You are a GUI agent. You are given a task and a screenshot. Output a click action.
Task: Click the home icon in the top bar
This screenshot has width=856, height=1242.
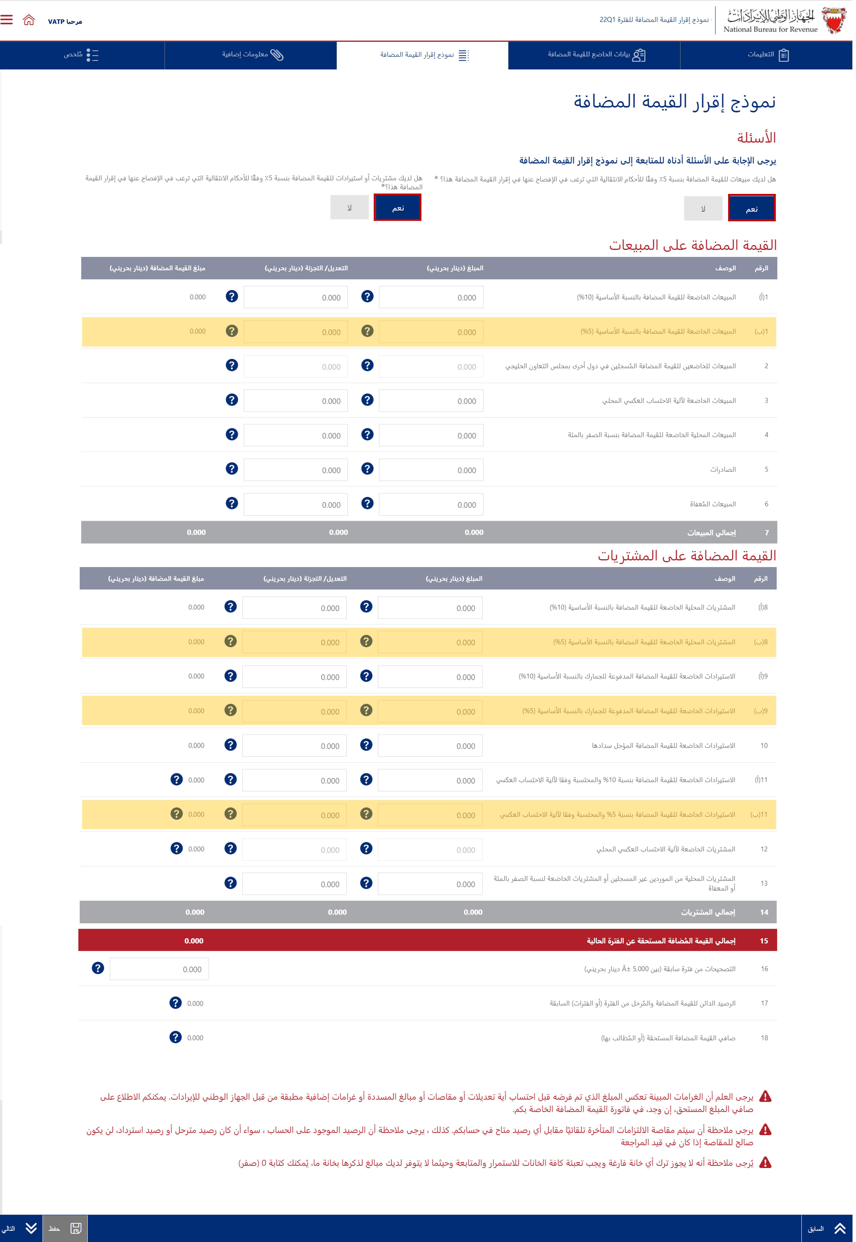pyautogui.click(x=29, y=20)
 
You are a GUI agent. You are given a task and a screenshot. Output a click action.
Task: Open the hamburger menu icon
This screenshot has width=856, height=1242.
pyautogui.click(x=6, y=20)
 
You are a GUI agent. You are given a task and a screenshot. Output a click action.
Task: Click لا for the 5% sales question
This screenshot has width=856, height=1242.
pyautogui.click(x=703, y=208)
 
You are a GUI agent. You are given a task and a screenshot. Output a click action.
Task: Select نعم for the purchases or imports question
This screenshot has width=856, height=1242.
pyautogui.click(x=397, y=208)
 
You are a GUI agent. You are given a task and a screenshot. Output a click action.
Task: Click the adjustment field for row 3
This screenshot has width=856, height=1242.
pyautogui.click(x=295, y=401)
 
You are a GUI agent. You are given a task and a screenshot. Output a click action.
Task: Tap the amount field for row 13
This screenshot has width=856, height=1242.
pyautogui.click(x=430, y=884)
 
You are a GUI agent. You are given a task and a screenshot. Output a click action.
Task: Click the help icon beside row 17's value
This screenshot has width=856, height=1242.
pyautogui.click(x=175, y=1003)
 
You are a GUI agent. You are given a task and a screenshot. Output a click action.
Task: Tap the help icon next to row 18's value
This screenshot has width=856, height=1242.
pyautogui.click(x=175, y=1037)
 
